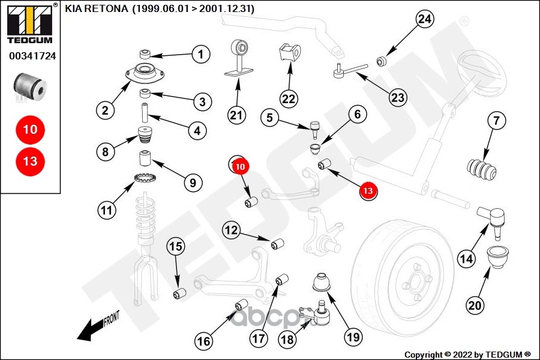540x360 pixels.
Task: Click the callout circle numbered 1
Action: (202, 55)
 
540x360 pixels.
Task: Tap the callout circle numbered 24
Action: (424, 19)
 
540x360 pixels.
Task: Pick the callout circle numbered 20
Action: (475, 305)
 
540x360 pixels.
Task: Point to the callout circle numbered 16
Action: (204, 341)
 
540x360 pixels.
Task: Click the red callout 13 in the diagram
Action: (367, 191)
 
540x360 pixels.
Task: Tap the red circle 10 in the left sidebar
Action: (30, 129)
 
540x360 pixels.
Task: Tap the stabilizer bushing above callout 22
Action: (289, 53)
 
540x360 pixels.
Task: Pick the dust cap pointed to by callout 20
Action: (497, 257)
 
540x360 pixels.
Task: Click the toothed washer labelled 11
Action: (144, 178)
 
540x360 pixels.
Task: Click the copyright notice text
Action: (467, 354)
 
